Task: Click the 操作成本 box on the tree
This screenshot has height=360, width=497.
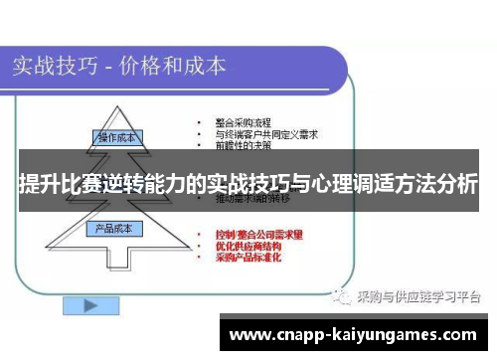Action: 116,137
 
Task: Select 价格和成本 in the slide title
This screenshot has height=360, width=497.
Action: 173,67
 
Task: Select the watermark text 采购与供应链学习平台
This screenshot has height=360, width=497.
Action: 417,296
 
